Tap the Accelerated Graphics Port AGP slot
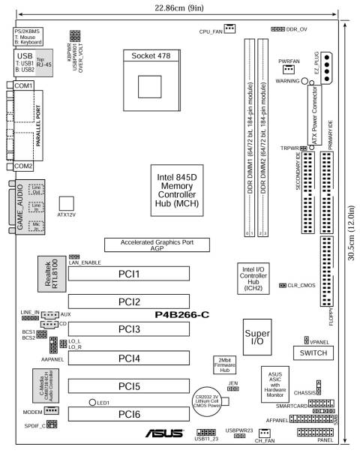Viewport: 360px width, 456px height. [163, 244]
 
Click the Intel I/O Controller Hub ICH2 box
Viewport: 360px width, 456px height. [252, 277]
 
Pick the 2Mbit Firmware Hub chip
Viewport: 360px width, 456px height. [224, 365]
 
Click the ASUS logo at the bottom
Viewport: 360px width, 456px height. [161, 433]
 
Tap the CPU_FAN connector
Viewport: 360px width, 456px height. [229, 28]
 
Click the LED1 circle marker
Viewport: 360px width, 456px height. [91, 403]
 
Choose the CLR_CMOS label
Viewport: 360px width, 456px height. [301, 286]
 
